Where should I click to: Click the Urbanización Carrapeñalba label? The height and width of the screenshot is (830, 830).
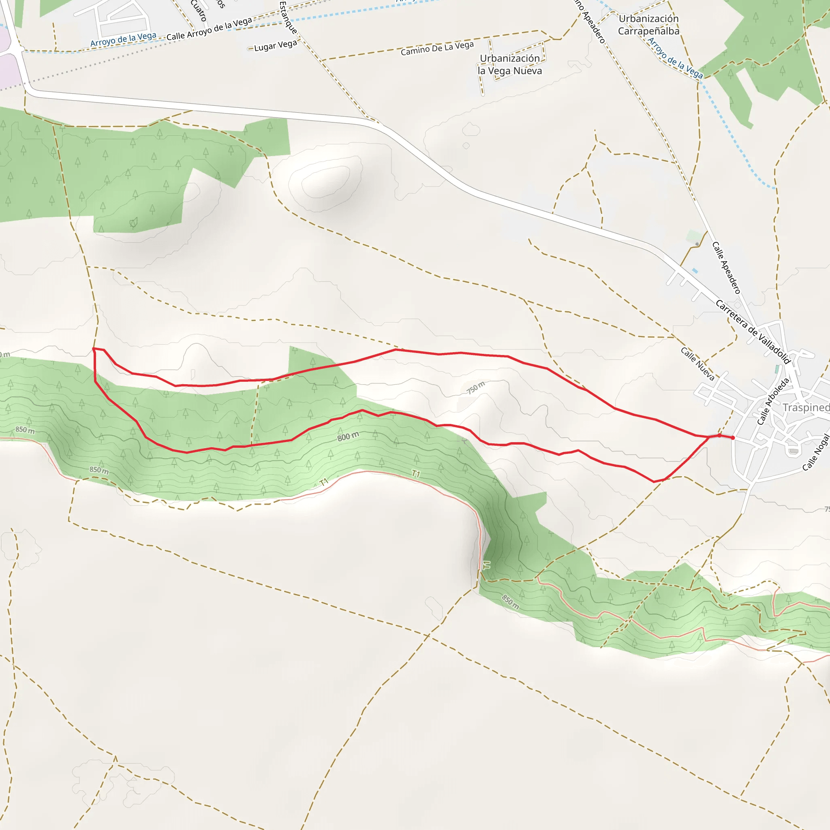[649, 25]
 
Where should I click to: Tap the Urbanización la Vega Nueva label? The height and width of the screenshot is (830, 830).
[510, 64]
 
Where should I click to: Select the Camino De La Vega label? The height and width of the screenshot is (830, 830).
[437, 48]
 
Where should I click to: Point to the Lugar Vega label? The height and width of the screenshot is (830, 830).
[275, 45]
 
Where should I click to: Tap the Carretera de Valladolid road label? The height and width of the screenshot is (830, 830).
[753, 331]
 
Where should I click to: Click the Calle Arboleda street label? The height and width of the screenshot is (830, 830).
[773, 401]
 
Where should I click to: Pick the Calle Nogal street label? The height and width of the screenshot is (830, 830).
[816, 452]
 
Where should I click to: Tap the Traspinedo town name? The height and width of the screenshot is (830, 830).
[806, 407]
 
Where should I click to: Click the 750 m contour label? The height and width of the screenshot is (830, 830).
[476, 387]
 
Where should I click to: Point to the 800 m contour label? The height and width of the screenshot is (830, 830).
[348, 436]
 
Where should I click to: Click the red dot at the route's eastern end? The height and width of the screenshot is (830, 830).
[733, 438]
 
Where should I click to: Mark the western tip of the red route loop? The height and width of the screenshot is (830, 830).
[94, 349]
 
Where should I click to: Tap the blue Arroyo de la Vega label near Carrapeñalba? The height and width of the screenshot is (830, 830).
[675, 58]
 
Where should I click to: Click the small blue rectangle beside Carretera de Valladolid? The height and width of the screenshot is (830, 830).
[695, 271]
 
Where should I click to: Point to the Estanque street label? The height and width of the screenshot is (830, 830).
[288, 17]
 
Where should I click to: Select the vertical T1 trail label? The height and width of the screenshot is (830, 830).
[486, 565]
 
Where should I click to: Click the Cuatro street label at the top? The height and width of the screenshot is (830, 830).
[199, 10]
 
